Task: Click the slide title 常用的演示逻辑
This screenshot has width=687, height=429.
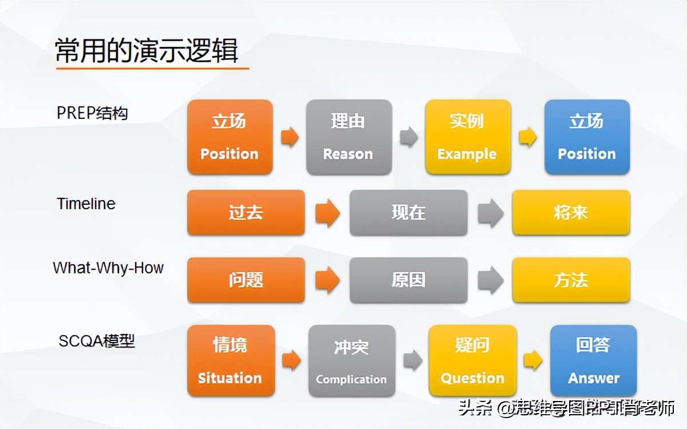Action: [x=147, y=51]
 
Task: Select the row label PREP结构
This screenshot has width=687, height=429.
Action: [x=92, y=113]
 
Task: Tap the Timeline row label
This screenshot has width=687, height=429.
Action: [x=86, y=204]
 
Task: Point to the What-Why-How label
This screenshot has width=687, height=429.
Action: [x=108, y=268]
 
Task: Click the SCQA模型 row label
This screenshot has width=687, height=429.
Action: [x=97, y=341]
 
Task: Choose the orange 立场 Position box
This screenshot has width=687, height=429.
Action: [x=230, y=137]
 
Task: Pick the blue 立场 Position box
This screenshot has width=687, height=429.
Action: [x=587, y=137]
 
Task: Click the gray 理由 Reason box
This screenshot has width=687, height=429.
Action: [x=349, y=137]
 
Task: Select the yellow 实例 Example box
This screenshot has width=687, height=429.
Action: [x=467, y=137]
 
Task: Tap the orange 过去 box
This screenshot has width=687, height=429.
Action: [x=246, y=213]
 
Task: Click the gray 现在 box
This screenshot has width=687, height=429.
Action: [x=408, y=213]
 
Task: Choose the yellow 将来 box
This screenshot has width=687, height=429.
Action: [x=571, y=213]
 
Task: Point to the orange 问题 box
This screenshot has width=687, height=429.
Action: [x=246, y=280]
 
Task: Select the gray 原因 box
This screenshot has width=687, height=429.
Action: [x=408, y=280]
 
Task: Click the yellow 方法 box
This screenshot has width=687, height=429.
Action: [x=571, y=280]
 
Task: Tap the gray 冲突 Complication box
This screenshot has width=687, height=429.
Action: [x=352, y=361]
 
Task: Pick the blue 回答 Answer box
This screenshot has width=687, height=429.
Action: [x=593, y=361]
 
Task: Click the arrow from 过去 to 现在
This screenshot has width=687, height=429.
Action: [x=327, y=213]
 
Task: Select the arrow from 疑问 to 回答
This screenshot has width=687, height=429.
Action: [x=533, y=360]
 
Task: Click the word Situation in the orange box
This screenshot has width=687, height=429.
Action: [x=230, y=378]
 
